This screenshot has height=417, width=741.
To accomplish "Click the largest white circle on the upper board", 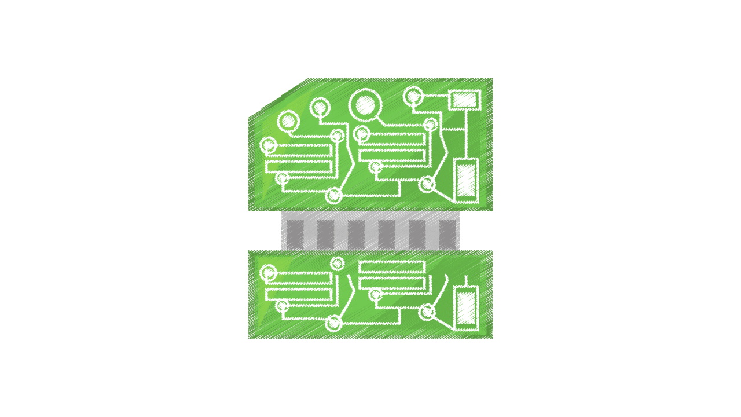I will point(365,105).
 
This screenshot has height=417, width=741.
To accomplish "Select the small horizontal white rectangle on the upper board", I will point(465,100).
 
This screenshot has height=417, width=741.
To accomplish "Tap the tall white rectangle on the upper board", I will point(466,180).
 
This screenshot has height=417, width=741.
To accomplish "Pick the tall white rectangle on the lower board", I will point(466,308).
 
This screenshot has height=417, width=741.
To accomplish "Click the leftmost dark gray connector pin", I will point(295,234).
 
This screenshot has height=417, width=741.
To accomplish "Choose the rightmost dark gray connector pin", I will point(447,234).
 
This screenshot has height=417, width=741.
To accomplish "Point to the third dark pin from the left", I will point(356,234).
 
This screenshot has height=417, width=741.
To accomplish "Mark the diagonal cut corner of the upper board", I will point(278,97).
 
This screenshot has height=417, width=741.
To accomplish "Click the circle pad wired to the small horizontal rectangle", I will point(413,96).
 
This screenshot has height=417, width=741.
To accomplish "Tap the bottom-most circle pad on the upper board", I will point(333,196).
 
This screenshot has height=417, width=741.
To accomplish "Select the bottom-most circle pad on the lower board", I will point(333,323).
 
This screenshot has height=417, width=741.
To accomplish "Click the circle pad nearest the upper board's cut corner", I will point(288,121).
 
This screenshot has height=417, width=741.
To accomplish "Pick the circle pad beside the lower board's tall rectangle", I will point(427,312).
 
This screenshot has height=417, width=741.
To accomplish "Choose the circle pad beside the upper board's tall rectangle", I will point(427,184).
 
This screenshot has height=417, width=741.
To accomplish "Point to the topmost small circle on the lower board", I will point(338,264).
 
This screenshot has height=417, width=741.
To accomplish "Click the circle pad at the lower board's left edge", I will point(268,273).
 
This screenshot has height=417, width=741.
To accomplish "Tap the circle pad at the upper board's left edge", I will point(268,145).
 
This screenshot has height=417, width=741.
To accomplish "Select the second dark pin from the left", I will point(325,234).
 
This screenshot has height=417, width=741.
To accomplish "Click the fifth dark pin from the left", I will point(417,234).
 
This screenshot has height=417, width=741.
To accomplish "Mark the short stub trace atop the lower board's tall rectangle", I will point(466,280).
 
